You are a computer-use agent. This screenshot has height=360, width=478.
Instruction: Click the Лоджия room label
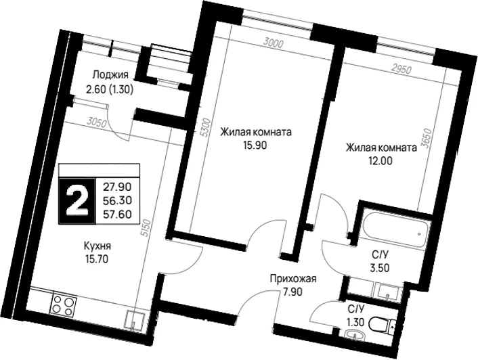pos(110,75)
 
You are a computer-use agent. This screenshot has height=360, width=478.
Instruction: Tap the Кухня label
pos(97,246)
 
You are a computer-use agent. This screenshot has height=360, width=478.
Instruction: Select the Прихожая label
pos(293,278)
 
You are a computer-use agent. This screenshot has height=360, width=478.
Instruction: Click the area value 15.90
pos(255,145)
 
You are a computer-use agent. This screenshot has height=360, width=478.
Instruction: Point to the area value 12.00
pos(381,160)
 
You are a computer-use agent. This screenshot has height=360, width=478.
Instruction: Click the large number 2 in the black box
pos(77,201)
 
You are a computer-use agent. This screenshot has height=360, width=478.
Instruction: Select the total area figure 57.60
pos(117,215)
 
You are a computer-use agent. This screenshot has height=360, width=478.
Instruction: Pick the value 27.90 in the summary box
pos(117,186)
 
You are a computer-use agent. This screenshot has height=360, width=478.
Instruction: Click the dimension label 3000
pos(274,43)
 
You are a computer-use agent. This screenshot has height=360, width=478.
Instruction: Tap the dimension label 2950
pos(401,70)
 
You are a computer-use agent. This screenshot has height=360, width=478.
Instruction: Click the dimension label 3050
pos(96,123)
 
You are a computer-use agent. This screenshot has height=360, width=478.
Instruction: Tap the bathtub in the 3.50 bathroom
pos(397,229)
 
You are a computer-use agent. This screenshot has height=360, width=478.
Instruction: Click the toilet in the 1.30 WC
pos(383,324)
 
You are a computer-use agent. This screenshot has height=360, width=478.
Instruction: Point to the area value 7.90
pos(291,292)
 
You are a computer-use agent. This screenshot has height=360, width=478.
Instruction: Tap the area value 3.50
pos(377,268)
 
